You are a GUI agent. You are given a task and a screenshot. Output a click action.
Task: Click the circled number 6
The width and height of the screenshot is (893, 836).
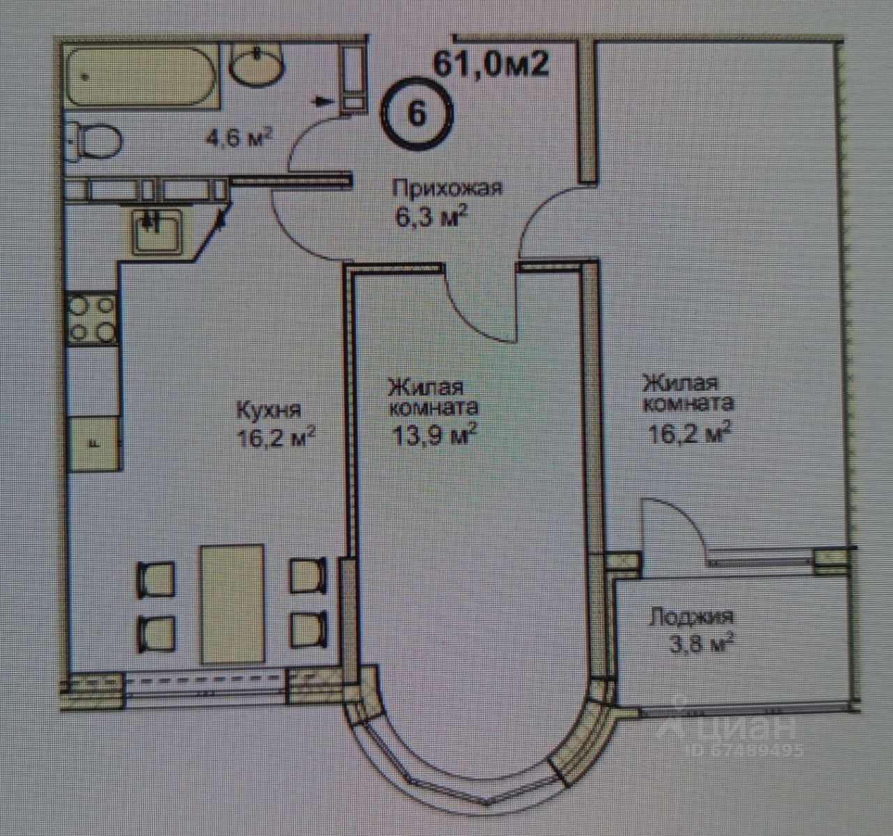pyautogui.click(x=417, y=113)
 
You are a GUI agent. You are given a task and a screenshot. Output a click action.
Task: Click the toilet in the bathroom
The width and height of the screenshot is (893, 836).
pyautogui.click(x=96, y=140)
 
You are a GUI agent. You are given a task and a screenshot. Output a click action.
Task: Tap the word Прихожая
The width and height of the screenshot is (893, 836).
pyautogui.click(x=447, y=189)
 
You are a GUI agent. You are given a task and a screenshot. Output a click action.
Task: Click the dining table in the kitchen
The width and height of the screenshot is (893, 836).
pyautogui.click(x=232, y=604)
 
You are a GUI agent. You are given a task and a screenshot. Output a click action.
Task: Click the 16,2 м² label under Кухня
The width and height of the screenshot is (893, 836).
pyautogui.click(x=276, y=440)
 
